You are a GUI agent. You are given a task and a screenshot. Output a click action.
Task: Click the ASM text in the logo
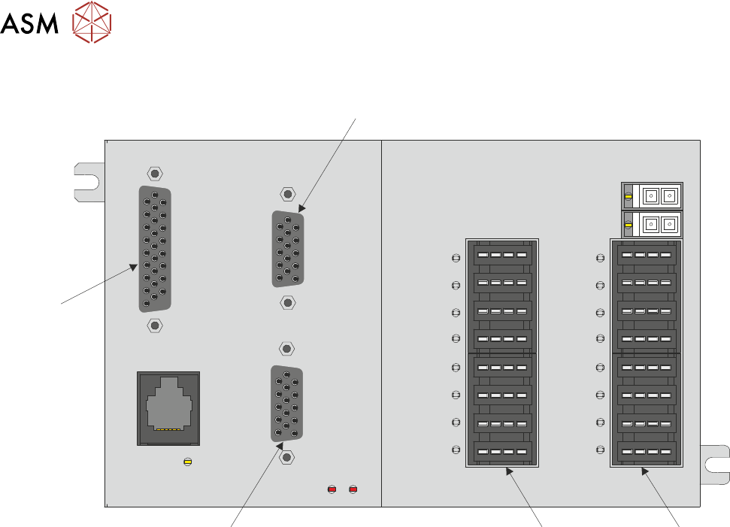pyautogui.click(x=31, y=25)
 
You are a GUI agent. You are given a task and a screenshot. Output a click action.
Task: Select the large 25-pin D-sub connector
pyautogui.click(x=155, y=249)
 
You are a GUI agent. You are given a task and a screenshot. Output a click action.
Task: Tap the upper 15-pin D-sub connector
pyautogui.click(x=288, y=248)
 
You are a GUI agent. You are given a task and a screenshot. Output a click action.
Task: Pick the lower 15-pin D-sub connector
pyautogui.click(x=286, y=402)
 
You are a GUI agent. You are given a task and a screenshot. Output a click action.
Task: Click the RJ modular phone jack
pyautogui.click(x=168, y=408)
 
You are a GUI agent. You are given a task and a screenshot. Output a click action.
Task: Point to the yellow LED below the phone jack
pyautogui.click(x=187, y=461)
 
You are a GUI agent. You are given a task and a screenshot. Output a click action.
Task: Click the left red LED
pyautogui.click(x=332, y=490)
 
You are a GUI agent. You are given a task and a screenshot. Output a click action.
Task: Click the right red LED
pyautogui.click(x=353, y=490)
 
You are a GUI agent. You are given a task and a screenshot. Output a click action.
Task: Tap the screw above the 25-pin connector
pyautogui.click(x=154, y=174)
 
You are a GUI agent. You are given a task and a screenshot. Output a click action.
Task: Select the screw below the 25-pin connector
pyautogui.click(x=154, y=325)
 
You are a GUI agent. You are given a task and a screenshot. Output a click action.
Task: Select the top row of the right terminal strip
pyautogui.click(x=646, y=256)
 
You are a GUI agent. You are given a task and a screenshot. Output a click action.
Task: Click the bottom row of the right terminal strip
pyautogui.click(x=646, y=453)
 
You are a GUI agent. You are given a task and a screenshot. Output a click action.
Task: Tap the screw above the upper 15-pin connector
pyautogui.click(x=286, y=194)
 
